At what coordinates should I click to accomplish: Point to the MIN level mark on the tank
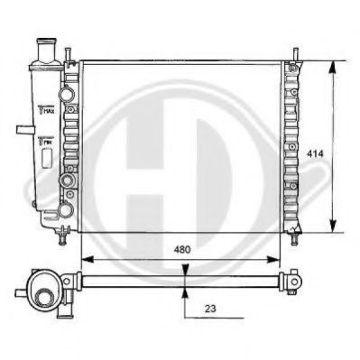click(47, 143)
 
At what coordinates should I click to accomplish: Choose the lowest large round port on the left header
click(65, 209)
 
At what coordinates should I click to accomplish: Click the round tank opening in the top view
click(41, 291)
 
